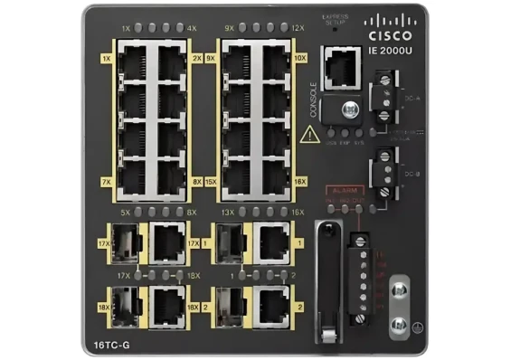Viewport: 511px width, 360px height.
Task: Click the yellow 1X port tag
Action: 107,58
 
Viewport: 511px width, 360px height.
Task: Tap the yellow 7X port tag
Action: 107,182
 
